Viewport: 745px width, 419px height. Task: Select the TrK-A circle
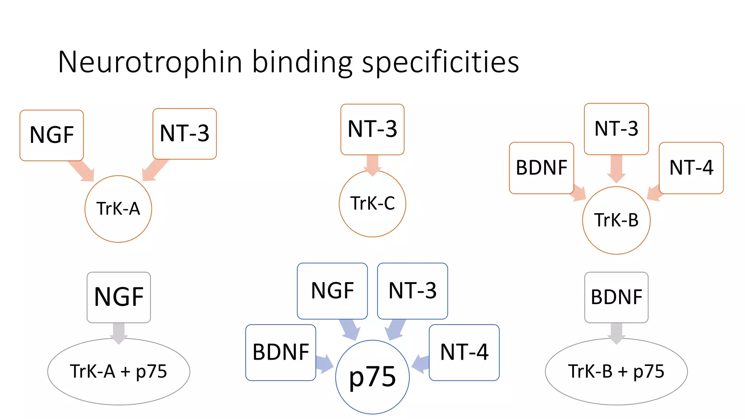[x=118, y=209]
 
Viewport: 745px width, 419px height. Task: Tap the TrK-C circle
[x=372, y=204]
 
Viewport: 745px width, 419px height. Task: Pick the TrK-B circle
[x=616, y=220]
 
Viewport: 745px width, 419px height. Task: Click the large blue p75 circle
[x=372, y=377]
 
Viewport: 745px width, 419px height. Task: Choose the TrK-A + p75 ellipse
[x=119, y=372]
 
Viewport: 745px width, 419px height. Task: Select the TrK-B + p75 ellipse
[x=616, y=372]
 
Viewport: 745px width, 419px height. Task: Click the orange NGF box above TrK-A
[x=52, y=135]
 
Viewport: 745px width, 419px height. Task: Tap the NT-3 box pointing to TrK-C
[x=372, y=129]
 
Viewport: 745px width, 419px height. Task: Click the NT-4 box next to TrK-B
[x=691, y=168]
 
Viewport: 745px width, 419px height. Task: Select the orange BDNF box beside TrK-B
[x=541, y=168]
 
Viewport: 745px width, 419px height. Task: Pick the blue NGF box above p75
[x=332, y=291]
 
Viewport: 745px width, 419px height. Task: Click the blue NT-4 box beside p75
[x=464, y=352]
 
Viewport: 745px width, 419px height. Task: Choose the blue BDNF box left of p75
[x=280, y=352]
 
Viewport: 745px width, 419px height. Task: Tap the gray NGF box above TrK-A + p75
[x=119, y=297]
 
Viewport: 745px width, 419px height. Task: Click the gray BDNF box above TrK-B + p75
[x=616, y=297]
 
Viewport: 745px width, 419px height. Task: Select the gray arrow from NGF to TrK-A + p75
[x=119, y=332]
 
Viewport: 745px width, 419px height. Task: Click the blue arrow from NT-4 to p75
[x=421, y=363]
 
